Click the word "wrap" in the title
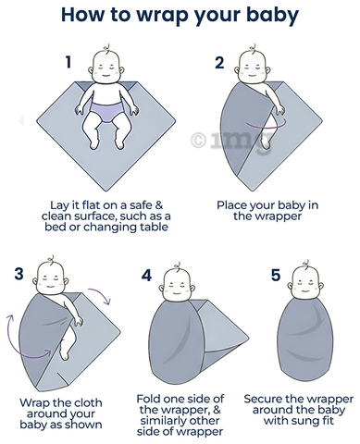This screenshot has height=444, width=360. tap(163, 16)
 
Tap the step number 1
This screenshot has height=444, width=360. tap(68, 62)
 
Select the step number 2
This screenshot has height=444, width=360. tap(219, 63)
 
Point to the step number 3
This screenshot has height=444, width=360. tap(19, 273)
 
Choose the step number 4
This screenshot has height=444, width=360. tap(146, 276)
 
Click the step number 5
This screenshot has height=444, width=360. tap(276, 275)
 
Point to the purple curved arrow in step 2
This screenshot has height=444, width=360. tap(266, 126)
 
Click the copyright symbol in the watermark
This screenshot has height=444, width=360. tap(198, 141)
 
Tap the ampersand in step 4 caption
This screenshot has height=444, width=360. tap(217, 410)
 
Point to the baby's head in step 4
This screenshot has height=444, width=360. tap(177, 283)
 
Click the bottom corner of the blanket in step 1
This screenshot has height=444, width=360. tap(106, 191)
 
